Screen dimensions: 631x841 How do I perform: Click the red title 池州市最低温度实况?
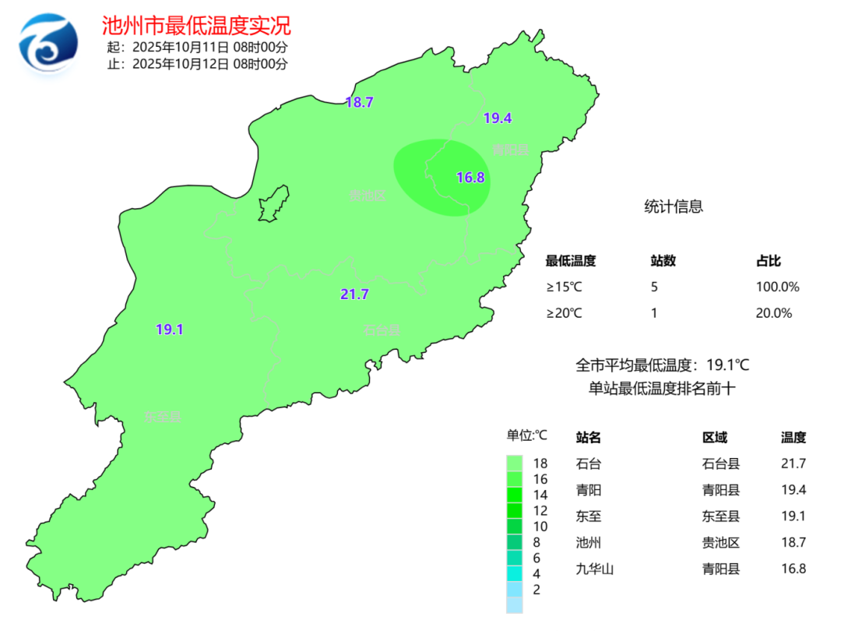click(x=196, y=26)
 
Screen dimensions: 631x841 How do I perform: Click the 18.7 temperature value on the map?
click(x=360, y=102)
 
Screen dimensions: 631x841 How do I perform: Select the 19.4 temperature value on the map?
click(x=497, y=118)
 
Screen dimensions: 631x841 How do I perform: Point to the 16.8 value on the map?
click(x=470, y=178)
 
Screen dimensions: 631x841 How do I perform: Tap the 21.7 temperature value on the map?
click(x=354, y=294)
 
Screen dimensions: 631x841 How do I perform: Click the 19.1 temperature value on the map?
click(x=169, y=330)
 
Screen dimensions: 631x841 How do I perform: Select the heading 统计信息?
click(x=674, y=206)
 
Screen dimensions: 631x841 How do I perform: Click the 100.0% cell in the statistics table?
click(x=777, y=287)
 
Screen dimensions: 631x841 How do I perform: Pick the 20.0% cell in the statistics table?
click(x=773, y=313)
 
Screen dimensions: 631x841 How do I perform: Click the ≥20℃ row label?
click(x=564, y=313)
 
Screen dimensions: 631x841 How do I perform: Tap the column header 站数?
click(x=663, y=261)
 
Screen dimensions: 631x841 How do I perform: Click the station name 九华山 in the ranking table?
click(x=595, y=569)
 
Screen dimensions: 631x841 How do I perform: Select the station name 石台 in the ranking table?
click(x=589, y=464)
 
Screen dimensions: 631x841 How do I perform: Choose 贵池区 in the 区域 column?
click(x=721, y=543)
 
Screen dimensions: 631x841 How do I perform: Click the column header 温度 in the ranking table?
click(x=793, y=438)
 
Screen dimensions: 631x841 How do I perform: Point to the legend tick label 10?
click(x=540, y=527)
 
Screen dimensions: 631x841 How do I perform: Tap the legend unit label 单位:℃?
click(x=528, y=435)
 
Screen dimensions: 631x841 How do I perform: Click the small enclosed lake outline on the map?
click(x=272, y=205)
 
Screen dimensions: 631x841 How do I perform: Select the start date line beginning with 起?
click(x=198, y=47)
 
